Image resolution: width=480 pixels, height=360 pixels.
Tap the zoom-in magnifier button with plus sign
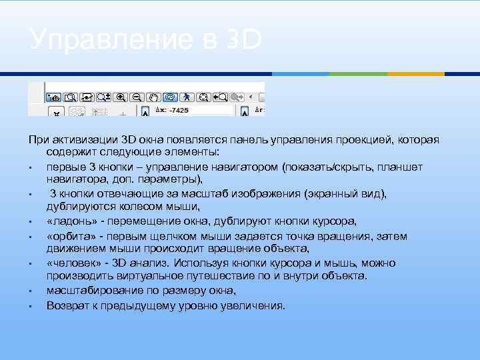121,97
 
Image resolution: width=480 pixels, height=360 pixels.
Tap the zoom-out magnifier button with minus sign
137,97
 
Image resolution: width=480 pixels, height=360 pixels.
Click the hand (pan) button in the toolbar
154,97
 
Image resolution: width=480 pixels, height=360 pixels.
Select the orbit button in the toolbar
170,97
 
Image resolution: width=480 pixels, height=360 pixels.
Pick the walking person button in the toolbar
187,97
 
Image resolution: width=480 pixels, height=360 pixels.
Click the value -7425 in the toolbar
179,110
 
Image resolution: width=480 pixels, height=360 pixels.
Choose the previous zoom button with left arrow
219,97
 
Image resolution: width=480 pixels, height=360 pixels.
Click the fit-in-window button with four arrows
203,97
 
